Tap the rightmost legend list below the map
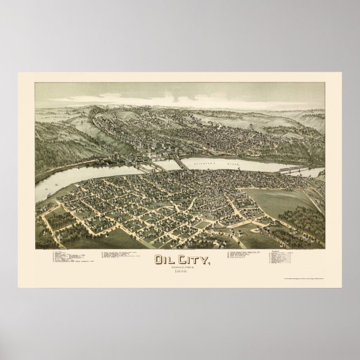286,243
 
